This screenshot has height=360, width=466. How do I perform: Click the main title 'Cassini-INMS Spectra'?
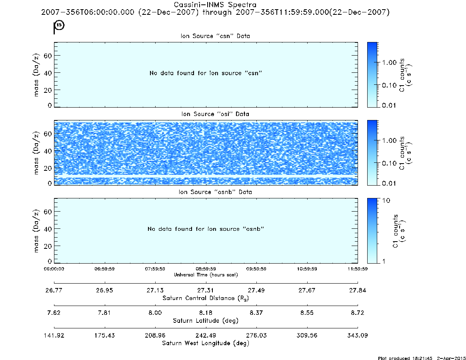pyautogui.click(x=215, y=5)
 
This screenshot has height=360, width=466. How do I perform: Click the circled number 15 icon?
pyautogui.click(x=60, y=25)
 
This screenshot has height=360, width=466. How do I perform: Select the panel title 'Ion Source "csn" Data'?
pyautogui.click(x=215, y=36)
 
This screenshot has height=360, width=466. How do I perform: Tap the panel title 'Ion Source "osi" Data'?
pyautogui.click(x=215, y=114)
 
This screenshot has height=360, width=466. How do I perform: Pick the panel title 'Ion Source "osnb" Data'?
pyautogui.click(x=215, y=192)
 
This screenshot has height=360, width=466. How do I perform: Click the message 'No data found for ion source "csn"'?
pyautogui.click(x=206, y=73)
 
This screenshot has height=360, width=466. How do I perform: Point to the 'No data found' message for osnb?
pyautogui.click(x=206, y=229)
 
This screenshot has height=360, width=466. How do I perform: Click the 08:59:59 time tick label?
pyautogui.click(x=206, y=269)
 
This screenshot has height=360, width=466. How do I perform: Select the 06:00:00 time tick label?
pyautogui.click(x=54, y=269)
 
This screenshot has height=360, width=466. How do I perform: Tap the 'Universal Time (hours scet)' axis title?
pyautogui.click(x=206, y=275)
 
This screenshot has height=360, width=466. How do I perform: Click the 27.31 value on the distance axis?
pyautogui.click(x=206, y=290)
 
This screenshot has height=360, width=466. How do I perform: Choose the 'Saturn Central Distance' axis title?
pyautogui.click(x=206, y=298)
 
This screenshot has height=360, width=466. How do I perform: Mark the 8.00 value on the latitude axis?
pyautogui.click(x=155, y=313)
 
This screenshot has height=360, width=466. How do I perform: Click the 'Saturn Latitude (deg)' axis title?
pyautogui.click(x=206, y=321)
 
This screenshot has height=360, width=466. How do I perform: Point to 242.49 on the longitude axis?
pyautogui.click(x=206, y=335)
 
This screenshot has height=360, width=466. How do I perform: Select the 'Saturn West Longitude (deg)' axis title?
pyautogui.click(x=206, y=343)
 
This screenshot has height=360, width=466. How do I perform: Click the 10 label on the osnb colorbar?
pyautogui.click(x=386, y=201)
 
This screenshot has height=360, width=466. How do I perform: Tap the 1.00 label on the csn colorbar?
pyautogui.click(x=390, y=62)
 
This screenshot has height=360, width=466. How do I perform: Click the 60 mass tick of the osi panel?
pyautogui.click(x=48, y=134)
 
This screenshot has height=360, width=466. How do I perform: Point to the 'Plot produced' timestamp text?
pyautogui.click(x=422, y=358)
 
